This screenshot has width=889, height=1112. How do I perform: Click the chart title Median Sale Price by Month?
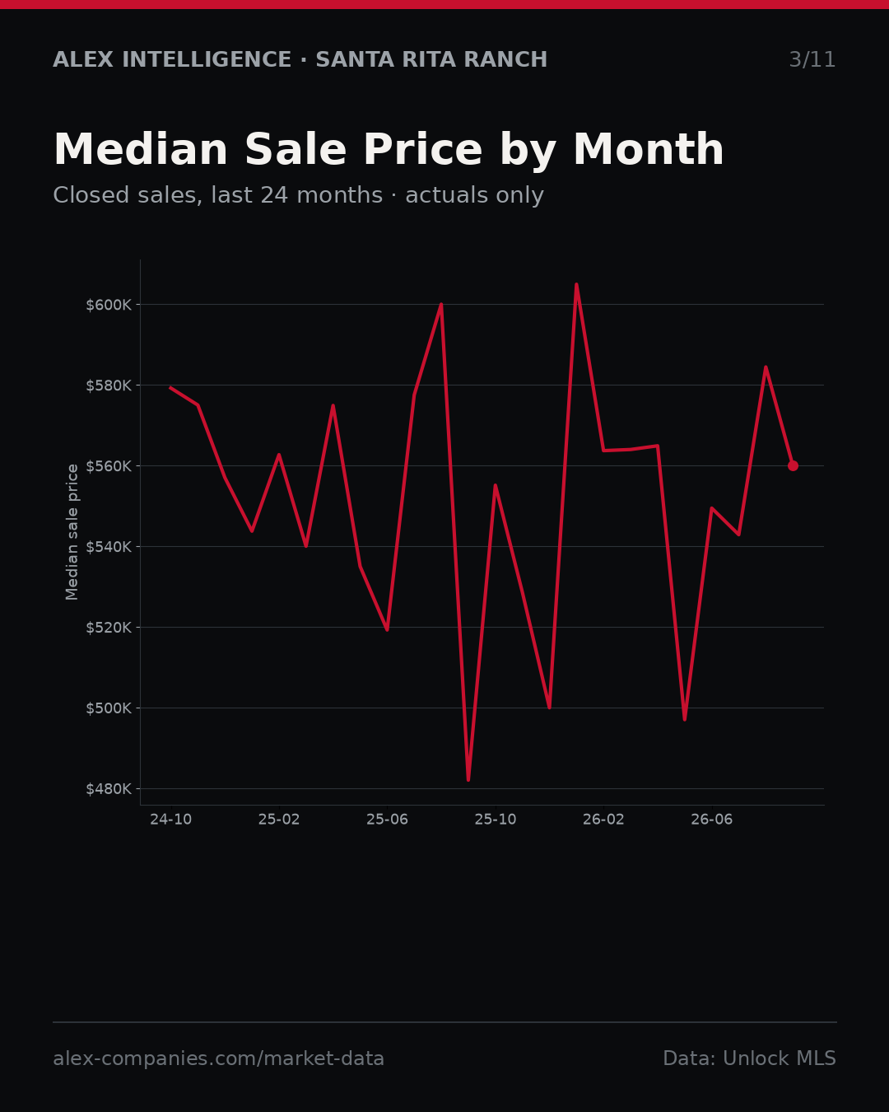point(389,150)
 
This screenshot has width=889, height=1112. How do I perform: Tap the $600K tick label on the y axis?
point(109,305)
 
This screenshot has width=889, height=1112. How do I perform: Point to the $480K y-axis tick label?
point(109,789)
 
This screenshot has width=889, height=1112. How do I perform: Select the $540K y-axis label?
point(109,547)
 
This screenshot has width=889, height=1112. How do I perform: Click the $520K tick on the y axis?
point(109,628)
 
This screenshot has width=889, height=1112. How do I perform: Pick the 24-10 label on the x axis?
point(171,820)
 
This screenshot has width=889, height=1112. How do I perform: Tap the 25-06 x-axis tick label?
point(388,820)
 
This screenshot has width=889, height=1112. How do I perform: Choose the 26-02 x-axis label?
point(604,820)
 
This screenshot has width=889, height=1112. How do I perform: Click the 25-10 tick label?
point(496,820)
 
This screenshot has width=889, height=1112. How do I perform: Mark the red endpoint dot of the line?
point(793,465)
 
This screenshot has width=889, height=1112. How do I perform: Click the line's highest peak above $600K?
point(576,284)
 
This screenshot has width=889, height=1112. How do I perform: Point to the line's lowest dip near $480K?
point(468,780)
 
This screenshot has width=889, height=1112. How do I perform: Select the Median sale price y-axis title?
point(72,532)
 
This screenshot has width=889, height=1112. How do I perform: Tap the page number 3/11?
point(812,60)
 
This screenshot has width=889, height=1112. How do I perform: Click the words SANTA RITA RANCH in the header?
point(431,59)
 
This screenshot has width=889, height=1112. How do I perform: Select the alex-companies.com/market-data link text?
point(218,1058)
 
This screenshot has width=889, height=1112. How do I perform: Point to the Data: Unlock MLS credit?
point(750,1058)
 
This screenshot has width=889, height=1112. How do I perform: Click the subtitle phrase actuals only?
point(474,196)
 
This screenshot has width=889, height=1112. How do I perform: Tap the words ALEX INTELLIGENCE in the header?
point(172,59)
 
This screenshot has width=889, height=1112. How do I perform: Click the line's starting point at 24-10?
point(170,387)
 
